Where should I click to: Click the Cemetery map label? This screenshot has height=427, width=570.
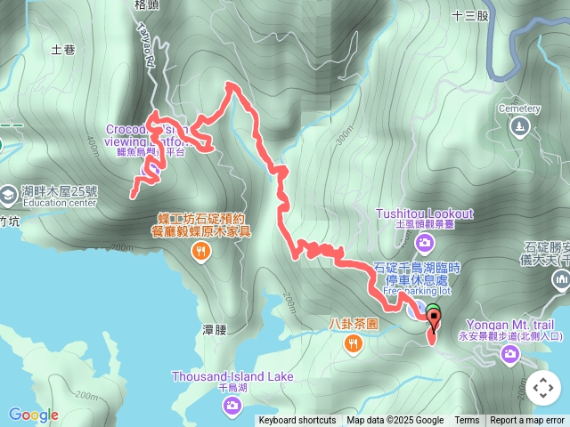click(x=519, y=109)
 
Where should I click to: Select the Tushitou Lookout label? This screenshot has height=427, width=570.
click(x=424, y=213)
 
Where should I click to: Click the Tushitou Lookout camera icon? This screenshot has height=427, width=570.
click(x=425, y=242)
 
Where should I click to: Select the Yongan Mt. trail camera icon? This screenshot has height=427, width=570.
click(x=509, y=355)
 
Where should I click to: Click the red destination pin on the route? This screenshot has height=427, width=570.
click(x=433, y=320)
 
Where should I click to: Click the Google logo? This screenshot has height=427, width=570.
click(x=33, y=415)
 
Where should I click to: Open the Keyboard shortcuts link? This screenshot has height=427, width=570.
click(x=297, y=421)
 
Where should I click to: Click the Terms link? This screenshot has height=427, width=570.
click(x=467, y=421)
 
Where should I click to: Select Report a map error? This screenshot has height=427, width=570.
click(x=528, y=421)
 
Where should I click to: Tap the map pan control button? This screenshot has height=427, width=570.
click(x=542, y=388)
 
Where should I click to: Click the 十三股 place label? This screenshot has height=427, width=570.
click(x=470, y=15)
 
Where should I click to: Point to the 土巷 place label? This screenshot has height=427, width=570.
click(x=63, y=50)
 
